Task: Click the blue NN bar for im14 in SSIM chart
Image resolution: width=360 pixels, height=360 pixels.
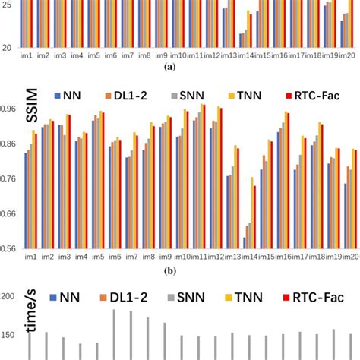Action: (244, 243)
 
